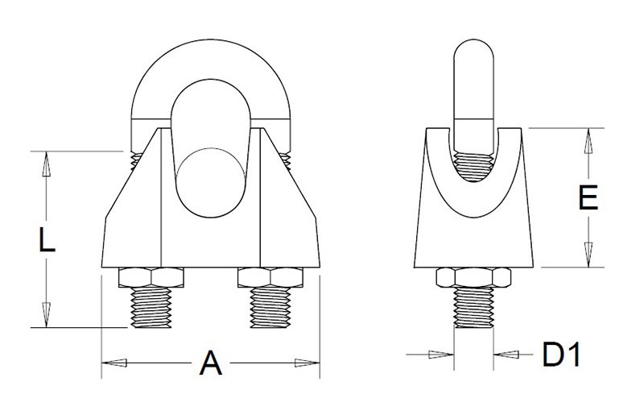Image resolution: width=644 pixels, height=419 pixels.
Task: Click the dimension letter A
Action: pyautogui.click(x=211, y=363)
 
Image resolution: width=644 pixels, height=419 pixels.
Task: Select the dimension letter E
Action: pyautogui.click(x=588, y=197)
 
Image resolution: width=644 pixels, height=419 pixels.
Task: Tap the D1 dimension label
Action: pyautogui.click(x=561, y=355)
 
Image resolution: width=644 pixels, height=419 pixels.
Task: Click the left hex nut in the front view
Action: pyautogui.click(x=151, y=277)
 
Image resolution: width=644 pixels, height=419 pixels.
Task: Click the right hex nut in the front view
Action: pyautogui.click(x=270, y=277)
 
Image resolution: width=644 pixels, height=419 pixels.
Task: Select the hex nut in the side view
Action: pyautogui.click(x=473, y=277)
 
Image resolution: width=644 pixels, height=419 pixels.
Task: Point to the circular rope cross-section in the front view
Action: pyautogui.click(x=211, y=183)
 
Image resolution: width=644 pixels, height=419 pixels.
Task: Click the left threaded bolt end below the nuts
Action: pyautogui.click(x=151, y=307)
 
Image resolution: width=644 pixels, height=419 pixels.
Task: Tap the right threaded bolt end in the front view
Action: pyautogui.click(x=270, y=307)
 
